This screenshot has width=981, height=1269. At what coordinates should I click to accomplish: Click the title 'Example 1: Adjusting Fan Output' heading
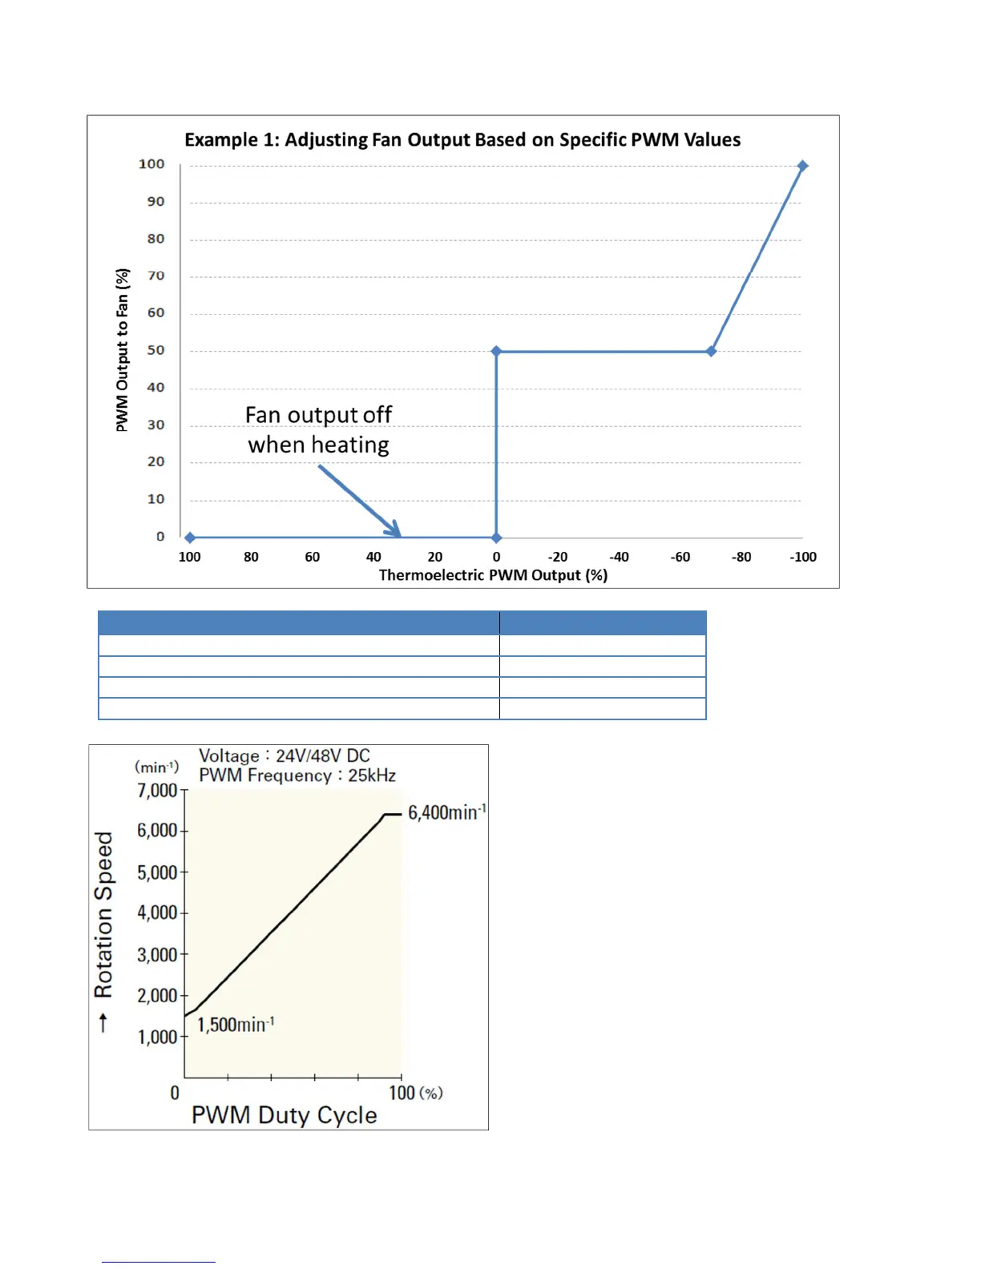tap(462, 139)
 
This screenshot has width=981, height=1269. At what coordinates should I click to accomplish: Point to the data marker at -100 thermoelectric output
tap(802, 166)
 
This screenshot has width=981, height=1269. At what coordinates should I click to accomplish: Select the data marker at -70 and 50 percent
tap(711, 351)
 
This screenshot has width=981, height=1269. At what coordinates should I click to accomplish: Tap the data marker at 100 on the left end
tap(190, 538)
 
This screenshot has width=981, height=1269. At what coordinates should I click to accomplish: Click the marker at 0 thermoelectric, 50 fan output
tap(496, 351)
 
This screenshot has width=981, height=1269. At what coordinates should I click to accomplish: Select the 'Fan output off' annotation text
tap(318, 415)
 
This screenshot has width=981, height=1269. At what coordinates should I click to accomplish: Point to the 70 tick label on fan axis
tap(155, 276)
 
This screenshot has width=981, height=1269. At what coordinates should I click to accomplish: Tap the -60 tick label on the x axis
tap(680, 557)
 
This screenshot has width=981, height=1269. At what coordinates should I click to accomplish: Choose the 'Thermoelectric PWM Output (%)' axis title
tap(493, 575)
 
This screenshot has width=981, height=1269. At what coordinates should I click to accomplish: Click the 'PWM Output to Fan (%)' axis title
tap(122, 350)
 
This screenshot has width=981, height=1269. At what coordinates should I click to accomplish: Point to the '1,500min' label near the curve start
tap(236, 1025)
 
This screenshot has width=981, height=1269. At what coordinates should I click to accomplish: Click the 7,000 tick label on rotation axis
tap(157, 791)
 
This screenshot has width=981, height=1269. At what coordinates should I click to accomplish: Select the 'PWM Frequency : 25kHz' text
tap(297, 775)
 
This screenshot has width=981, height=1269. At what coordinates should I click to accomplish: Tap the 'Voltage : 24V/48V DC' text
tap(285, 755)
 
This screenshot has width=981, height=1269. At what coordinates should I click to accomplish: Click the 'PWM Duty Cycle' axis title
tap(284, 1115)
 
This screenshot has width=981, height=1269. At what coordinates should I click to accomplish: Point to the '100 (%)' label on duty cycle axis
tap(415, 1093)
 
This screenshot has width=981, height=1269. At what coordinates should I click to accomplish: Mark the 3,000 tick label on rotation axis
tap(157, 955)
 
